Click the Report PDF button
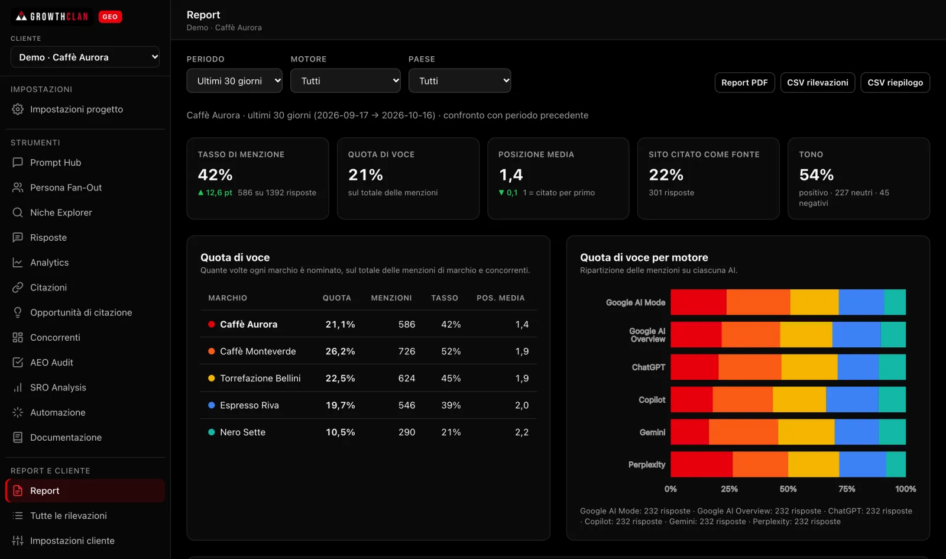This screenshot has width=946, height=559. (x=744, y=82)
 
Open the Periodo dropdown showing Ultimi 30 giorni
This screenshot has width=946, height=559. (x=234, y=80)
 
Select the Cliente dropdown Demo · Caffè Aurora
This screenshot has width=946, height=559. (x=85, y=57)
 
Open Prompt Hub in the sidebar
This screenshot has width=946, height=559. (x=56, y=163)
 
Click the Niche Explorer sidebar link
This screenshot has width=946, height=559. (x=61, y=212)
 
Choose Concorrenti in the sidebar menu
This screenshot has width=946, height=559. (x=55, y=338)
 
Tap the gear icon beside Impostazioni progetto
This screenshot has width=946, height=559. (x=18, y=109)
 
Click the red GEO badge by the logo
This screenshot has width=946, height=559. (x=110, y=17)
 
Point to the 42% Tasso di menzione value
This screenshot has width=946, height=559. (x=215, y=175)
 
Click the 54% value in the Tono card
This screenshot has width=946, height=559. (x=816, y=175)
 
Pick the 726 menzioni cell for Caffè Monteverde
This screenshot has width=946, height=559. (x=406, y=351)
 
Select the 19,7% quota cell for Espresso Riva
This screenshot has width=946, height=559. (x=340, y=405)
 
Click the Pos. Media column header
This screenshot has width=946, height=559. (x=500, y=298)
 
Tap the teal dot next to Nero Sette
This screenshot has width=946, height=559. (x=212, y=432)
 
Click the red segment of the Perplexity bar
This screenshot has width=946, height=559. (x=701, y=464)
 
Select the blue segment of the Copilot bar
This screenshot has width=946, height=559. (x=852, y=400)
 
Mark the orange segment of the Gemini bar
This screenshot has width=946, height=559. (x=743, y=432)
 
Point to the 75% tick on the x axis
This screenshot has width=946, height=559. (x=846, y=489)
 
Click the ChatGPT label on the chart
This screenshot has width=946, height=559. (x=648, y=367)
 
